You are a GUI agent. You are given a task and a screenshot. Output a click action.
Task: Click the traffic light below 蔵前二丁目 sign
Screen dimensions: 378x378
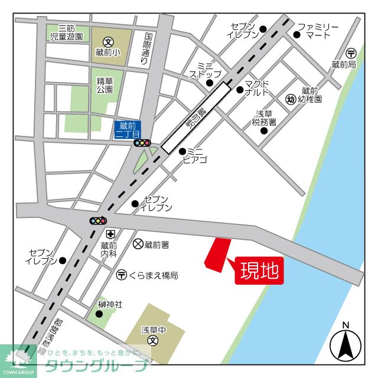tap(142, 143)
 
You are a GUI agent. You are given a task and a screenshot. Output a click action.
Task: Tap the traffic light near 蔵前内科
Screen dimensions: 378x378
tap(97, 221)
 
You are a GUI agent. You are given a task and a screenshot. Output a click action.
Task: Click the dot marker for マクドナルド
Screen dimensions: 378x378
tap(240, 90)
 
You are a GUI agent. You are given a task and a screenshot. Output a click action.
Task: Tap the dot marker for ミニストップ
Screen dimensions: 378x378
tap(210, 83)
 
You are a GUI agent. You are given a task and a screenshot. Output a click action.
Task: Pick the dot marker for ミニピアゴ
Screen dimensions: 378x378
tap(183, 151)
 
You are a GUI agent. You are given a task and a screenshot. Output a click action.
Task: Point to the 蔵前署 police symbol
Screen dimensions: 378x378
tap(138, 243)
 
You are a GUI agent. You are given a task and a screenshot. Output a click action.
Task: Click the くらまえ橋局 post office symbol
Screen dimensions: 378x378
tap(121, 275)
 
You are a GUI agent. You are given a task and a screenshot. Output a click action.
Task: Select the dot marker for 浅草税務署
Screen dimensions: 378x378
tap(263, 130)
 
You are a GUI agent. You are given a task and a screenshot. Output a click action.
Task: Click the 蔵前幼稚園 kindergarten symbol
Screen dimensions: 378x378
tap(291, 99)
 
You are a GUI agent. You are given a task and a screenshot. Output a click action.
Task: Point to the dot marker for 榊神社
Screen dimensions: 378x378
tap(99, 314)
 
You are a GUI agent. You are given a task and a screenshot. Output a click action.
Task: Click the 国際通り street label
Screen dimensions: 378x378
tap(147, 48)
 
